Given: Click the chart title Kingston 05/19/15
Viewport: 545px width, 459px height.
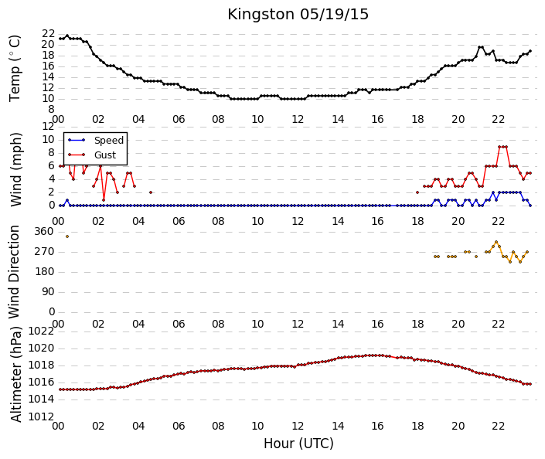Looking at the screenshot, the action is click(x=298, y=15).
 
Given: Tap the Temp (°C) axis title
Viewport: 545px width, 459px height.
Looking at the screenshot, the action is click(x=15, y=69).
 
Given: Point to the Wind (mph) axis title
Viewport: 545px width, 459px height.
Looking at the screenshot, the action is click(x=15, y=169).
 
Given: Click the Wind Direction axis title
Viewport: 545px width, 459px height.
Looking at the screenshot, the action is click(x=14, y=272).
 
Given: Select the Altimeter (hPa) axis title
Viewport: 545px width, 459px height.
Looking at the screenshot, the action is click(x=16, y=375).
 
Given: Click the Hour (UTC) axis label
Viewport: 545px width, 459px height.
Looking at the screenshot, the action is click(x=298, y=444).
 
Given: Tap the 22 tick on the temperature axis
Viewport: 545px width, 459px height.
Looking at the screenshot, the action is click(x=48, y=34).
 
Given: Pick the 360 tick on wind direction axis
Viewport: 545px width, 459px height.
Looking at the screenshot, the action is click(x=45, y=232).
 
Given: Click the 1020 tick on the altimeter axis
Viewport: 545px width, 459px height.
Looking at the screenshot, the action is click(x=42, y=348).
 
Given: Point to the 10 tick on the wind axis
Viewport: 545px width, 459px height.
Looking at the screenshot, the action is click(x=48, y=140).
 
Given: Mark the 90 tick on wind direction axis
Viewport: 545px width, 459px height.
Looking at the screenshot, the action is click(x=48, y=292).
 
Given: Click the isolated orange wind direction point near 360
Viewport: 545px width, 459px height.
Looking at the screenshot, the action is click(x=67, y=236).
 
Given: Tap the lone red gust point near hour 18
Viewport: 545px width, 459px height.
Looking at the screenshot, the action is click(x=417, y=192).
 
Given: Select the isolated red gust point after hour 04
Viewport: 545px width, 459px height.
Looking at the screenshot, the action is click(x=151, y=192).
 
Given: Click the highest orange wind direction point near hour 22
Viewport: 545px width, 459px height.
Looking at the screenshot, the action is click(x=496, y=242).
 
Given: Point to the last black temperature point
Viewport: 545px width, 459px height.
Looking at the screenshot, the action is click(x=530, y=51).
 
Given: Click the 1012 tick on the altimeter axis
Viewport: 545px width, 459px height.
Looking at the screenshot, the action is click(x=42, y=416).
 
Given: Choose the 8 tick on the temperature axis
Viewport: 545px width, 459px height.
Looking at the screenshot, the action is click(x=52, y=110).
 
